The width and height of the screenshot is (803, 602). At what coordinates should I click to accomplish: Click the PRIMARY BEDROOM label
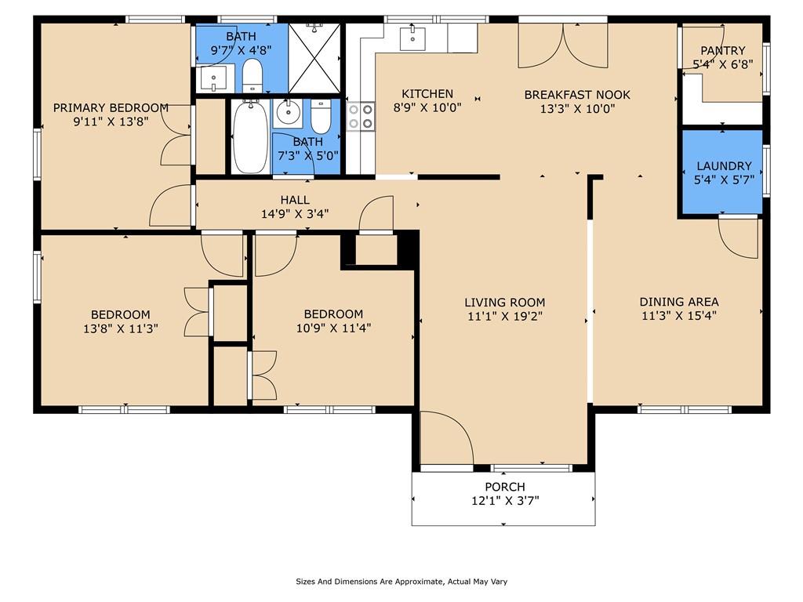coord(111,108)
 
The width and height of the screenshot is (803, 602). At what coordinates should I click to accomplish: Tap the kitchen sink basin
coord(412,38)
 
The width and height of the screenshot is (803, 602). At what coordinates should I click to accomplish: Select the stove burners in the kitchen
coord(361,117)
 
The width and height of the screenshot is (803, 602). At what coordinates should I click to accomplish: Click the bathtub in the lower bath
coord(250,136)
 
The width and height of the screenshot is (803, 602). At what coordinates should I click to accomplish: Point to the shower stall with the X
coord(314,58)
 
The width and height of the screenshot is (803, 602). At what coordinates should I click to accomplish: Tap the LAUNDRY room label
coord(724,166)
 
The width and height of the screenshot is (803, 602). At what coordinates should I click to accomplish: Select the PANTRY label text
coord(722,51)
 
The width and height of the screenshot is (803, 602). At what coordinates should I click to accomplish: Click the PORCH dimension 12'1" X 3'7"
coord(505,501)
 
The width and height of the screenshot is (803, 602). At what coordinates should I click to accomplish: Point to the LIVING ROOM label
coord(504,303)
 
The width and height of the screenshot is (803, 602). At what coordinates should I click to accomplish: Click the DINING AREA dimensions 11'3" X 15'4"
coord(678,316)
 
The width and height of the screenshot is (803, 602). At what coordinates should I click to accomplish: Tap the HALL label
coord(295,200)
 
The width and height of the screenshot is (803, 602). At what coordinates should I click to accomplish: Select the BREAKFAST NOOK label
coord(577,95)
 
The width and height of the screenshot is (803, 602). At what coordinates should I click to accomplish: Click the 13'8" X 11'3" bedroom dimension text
coord(120,328)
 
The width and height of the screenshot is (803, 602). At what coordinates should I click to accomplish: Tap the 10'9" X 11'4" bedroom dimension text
coord(333,328)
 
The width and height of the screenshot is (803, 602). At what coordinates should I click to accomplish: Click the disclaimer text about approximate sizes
coord(401,582)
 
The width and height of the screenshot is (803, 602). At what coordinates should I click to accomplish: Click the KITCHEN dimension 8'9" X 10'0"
coord(427,108)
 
